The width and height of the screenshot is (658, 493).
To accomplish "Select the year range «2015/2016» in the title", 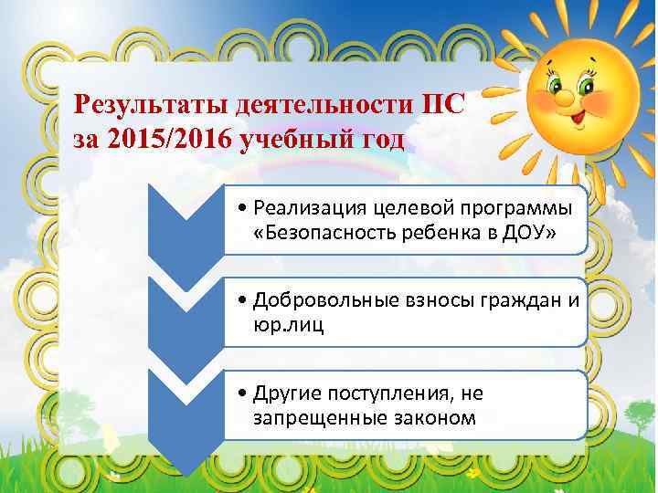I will click(x=172, y=142).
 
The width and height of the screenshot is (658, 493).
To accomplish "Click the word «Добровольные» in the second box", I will click(x=314, y=300).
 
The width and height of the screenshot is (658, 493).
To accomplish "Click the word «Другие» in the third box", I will click(x=289, y=393).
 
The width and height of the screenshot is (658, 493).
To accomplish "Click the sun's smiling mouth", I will click(x=581, y=117).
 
